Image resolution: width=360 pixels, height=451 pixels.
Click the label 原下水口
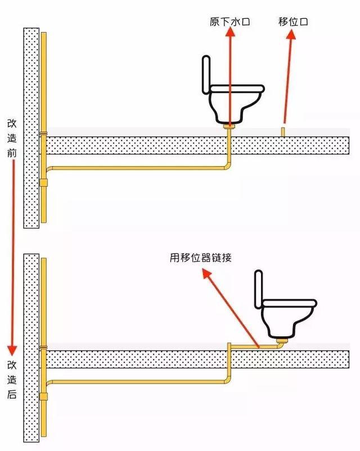(229, 22)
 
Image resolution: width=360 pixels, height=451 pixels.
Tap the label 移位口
(292, 22)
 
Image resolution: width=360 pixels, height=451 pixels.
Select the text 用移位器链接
(200, 258)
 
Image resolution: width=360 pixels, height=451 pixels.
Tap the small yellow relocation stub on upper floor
(283, 132)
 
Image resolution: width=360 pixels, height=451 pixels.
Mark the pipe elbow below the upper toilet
(227, 165)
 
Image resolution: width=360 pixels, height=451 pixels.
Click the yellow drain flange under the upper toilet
(229, 127)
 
